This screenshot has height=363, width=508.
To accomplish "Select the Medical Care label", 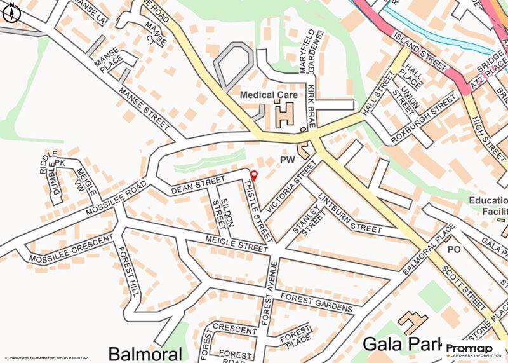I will pyautogui.click(x=269, y=95).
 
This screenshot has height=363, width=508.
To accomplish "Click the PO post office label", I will pyautogui.click(x=453, y=250).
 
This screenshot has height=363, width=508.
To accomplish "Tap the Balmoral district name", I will pyautogui.click(x=145, y=353).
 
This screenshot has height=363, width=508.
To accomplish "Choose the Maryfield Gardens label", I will pyautogui.click(x=311, y=51).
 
